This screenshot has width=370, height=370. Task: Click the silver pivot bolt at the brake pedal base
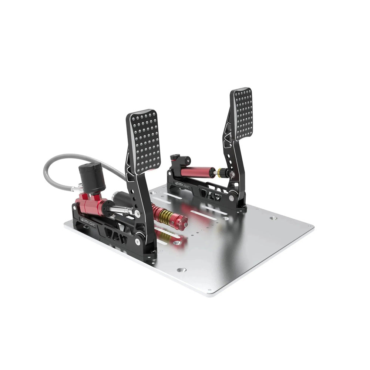tap(138, 241)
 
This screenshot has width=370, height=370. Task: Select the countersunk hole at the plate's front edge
tap(181, 270)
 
